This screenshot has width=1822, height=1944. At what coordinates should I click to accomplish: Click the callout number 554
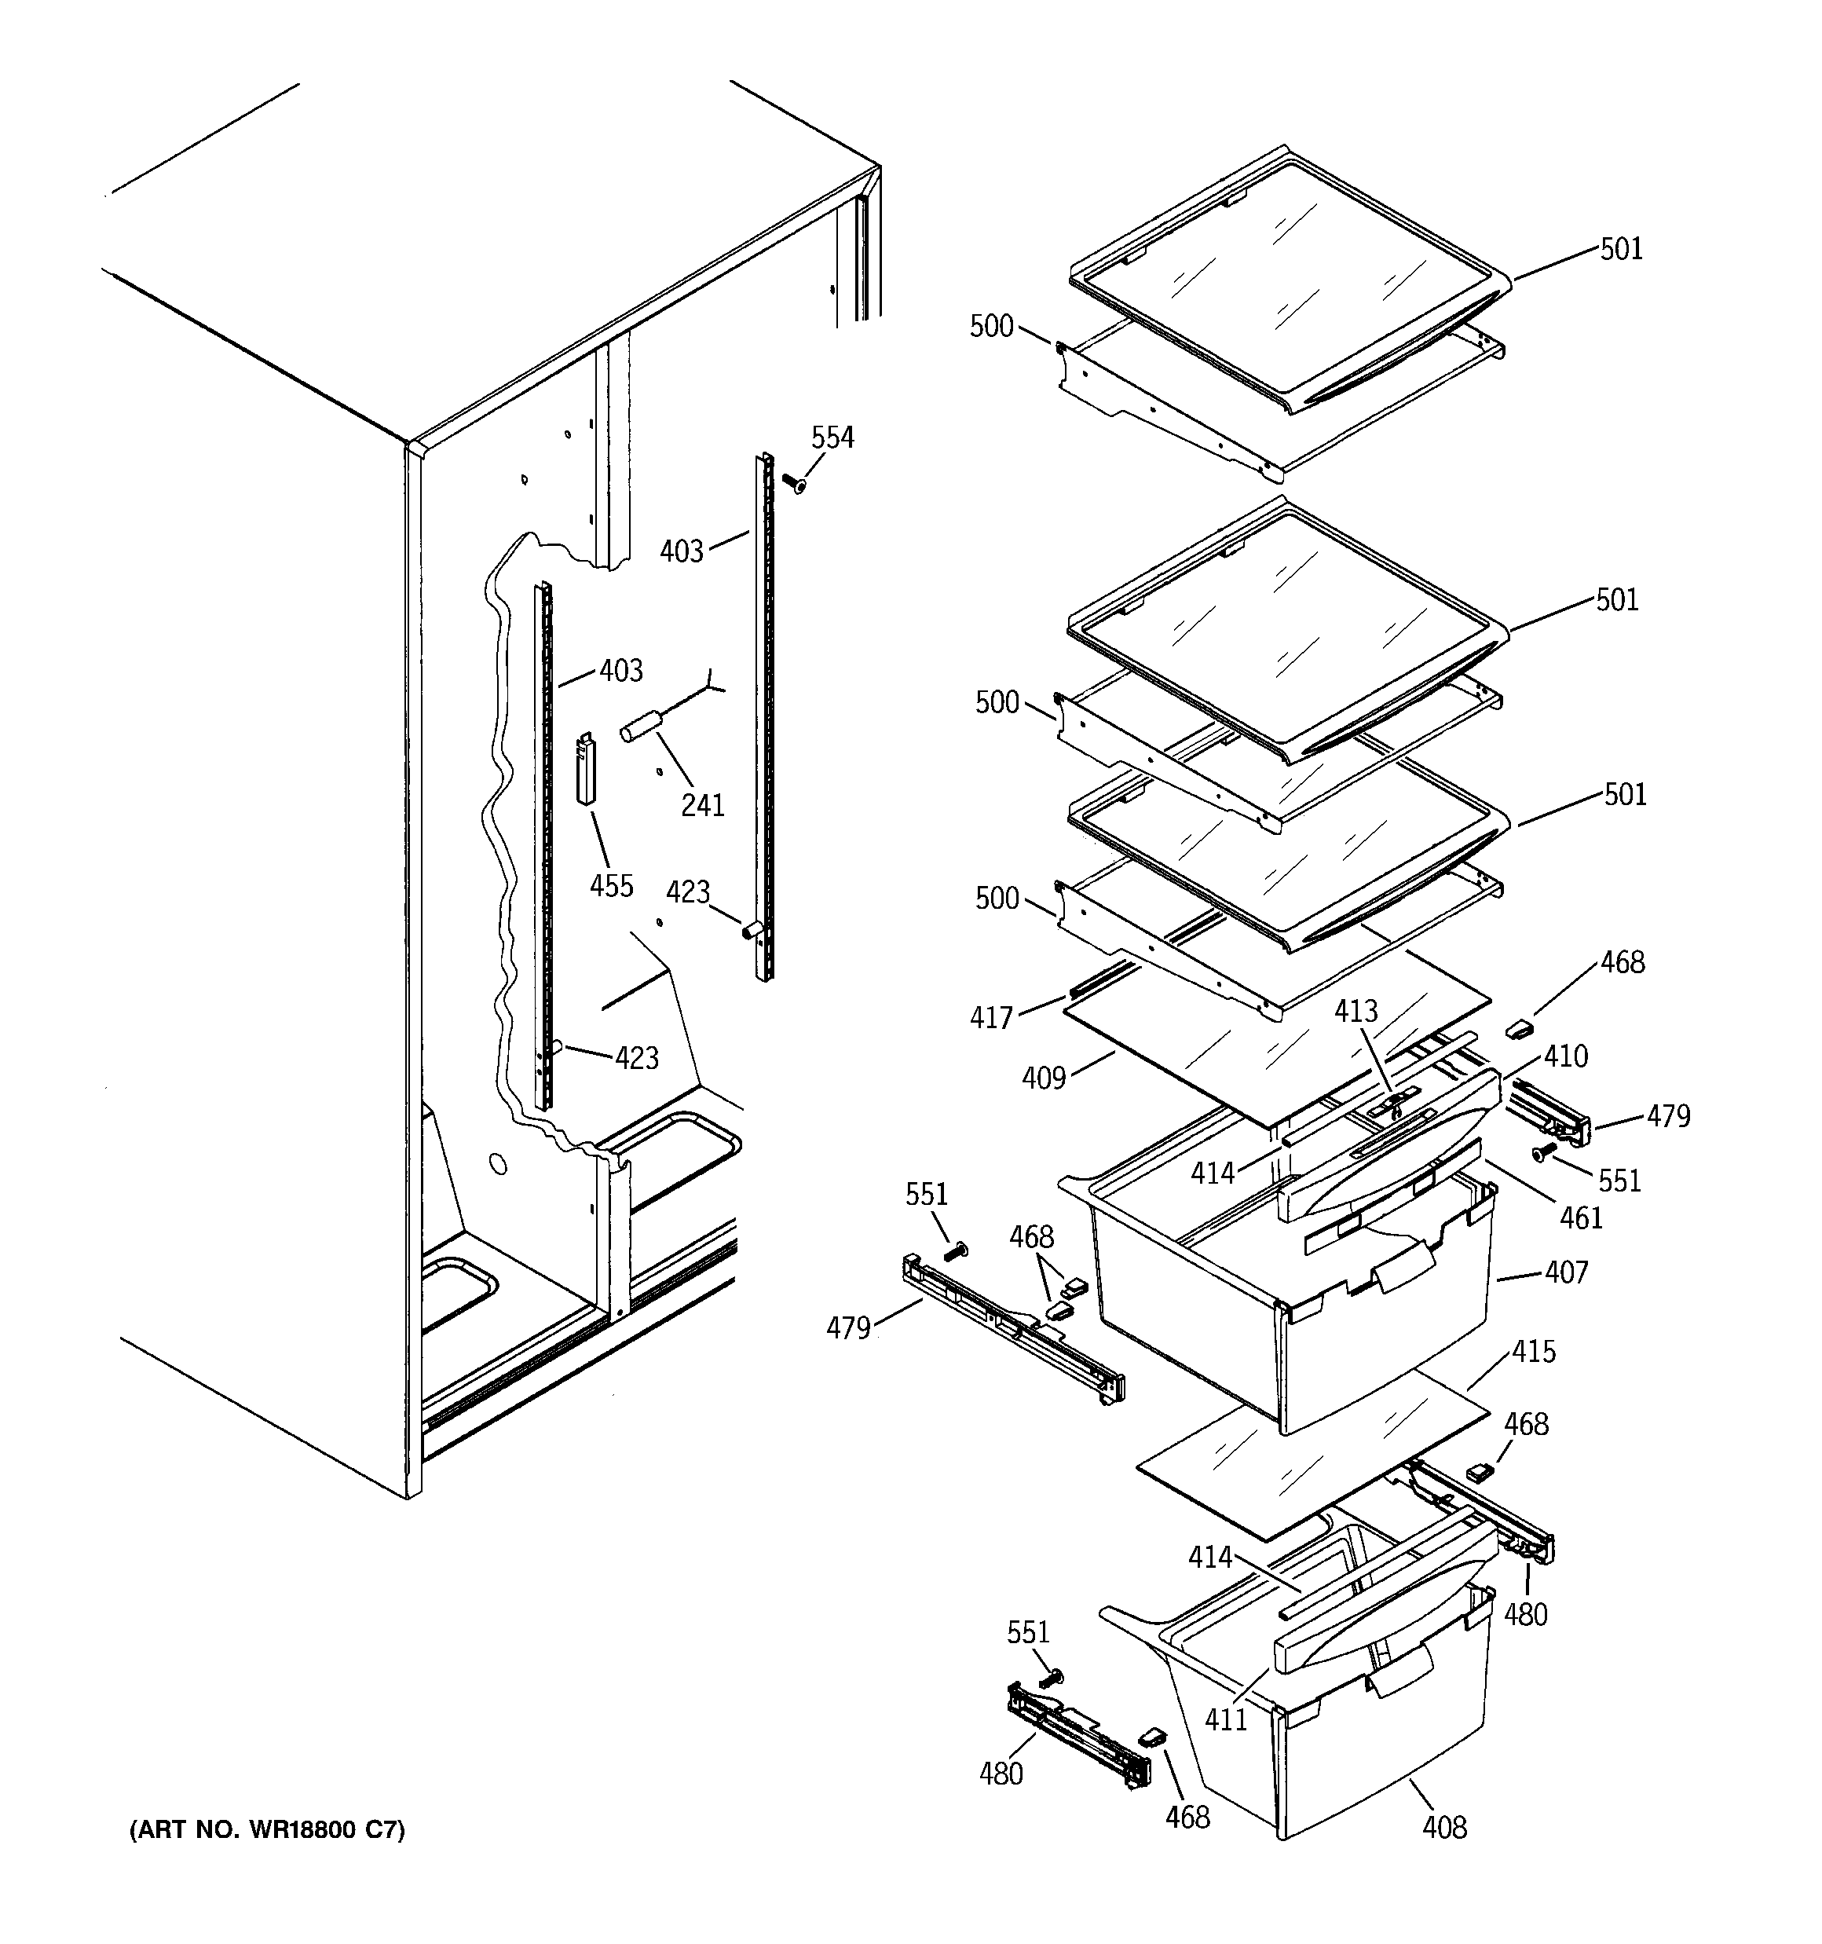pos(832,438)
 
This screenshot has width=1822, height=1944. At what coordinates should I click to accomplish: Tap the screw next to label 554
pos(793,482)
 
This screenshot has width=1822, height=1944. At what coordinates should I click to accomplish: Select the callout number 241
pos(702,806)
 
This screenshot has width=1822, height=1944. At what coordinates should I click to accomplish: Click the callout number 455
pos(611,886)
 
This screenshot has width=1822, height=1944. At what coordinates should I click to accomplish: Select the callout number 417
pos(990,1018)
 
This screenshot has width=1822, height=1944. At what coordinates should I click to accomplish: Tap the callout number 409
pos(1044,1078)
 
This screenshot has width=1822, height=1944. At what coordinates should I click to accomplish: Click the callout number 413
pos(1356,1011)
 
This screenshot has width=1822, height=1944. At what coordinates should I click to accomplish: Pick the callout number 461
pos(1582,1217)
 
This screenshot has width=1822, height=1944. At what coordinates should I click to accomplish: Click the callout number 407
pos(1567,1272)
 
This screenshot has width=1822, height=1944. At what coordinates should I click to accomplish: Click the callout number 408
pos(1444,1827)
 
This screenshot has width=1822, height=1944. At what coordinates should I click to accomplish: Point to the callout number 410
pos(1567,1056)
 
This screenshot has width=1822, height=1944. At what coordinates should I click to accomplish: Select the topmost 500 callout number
pos(990,327)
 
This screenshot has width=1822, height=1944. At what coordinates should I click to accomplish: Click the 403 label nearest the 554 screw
pos(682,551)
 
